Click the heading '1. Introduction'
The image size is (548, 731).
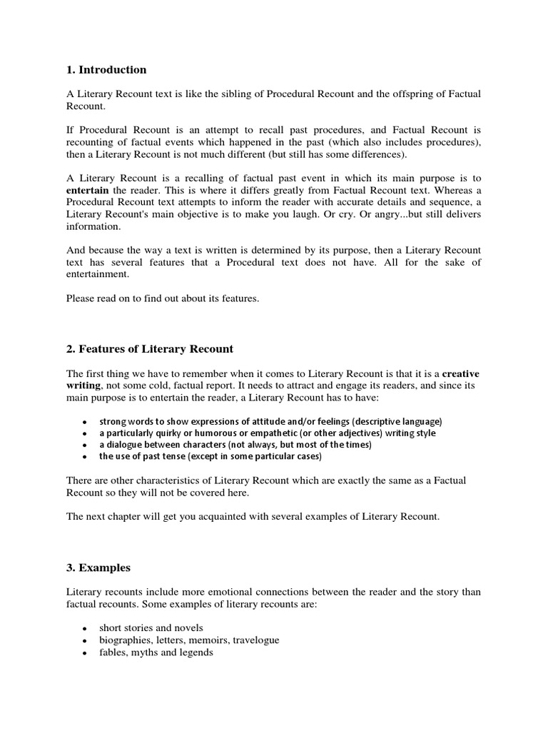coord(106,70)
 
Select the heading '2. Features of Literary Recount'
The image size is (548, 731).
coord(150,349)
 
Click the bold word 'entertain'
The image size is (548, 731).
coord(87,190)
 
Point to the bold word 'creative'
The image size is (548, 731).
coord(461,373)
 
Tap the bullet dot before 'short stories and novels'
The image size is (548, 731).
coord(85,629)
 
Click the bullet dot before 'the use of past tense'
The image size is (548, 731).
coord(85,456)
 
